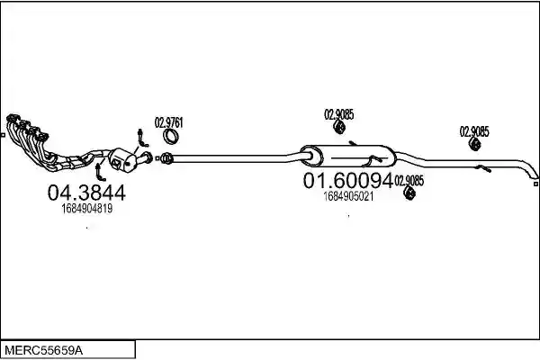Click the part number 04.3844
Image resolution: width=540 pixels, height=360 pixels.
pyautogui.click(x=86, y=193)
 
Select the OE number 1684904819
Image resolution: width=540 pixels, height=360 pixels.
pyautogui.click(x=87, y=209)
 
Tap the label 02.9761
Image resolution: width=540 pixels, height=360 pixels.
pyautogui.click(x=169, y=122)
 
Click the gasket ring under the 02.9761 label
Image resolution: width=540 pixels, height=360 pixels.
pyautogui.click(x=170, y=137)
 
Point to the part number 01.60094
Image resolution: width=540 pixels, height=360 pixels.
pyautogui.click(x=348, y=180)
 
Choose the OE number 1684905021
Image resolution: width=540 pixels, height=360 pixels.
pyautogui.click(x=348, y=197)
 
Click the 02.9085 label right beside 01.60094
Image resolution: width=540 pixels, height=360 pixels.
pyautogui.click(x=409, y=181)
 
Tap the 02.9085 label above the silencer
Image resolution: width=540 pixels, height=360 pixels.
pyautogui.click(x=339, y=114)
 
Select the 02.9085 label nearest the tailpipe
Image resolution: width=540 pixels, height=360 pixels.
pyautogui.click(x=474, y=131)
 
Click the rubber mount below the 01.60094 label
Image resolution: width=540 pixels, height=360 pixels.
pyautogui.click(x=409, y=193)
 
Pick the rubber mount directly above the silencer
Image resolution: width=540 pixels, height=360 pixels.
pyautogui.click(x=339, y=127)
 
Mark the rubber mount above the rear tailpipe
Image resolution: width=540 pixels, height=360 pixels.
pyautogui.click(x=475, y=144)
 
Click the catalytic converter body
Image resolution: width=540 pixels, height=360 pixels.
pyautogui.click(x=122, y=160)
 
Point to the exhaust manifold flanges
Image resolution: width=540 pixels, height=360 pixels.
pyautogui.click(x=27, y=128)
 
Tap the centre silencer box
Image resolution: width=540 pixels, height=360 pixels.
pyautogui.click(x=347, y=156)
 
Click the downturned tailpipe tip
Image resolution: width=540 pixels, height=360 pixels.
pyautogui.click(x=533, y=174)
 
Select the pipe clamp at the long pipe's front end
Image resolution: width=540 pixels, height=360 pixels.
pyautogui.click(x=166, y=158)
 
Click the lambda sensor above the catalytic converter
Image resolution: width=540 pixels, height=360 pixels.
pyautogui.click(x=142, y=138)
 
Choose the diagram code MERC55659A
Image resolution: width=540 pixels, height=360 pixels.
pyautogui.click(x=44, y=351)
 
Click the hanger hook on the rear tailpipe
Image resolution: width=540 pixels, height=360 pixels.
pyautogui.click(x=483, y=168)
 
